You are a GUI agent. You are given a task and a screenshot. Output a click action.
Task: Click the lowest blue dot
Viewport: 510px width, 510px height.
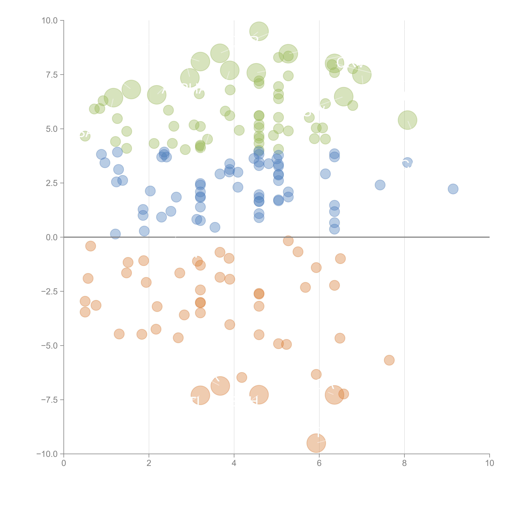(x=115, y=234)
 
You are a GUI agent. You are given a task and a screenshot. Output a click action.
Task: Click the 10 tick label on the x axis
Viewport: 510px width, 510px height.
(x=489, y=463)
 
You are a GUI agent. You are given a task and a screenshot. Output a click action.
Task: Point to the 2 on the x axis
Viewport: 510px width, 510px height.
(x=149, y=463)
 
